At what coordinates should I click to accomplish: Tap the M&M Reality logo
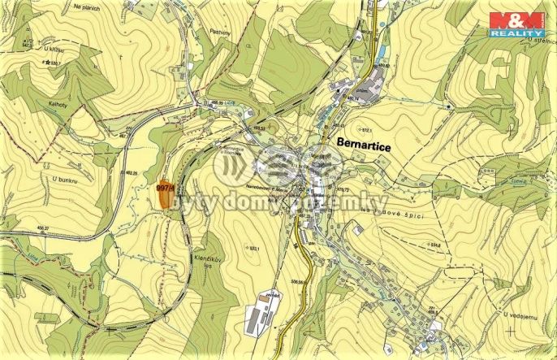pos(516,22)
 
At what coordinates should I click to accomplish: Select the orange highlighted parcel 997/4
pos(167,194)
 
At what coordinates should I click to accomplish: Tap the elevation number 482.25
pos(132,172)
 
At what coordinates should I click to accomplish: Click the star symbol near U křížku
pos(49,62)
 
